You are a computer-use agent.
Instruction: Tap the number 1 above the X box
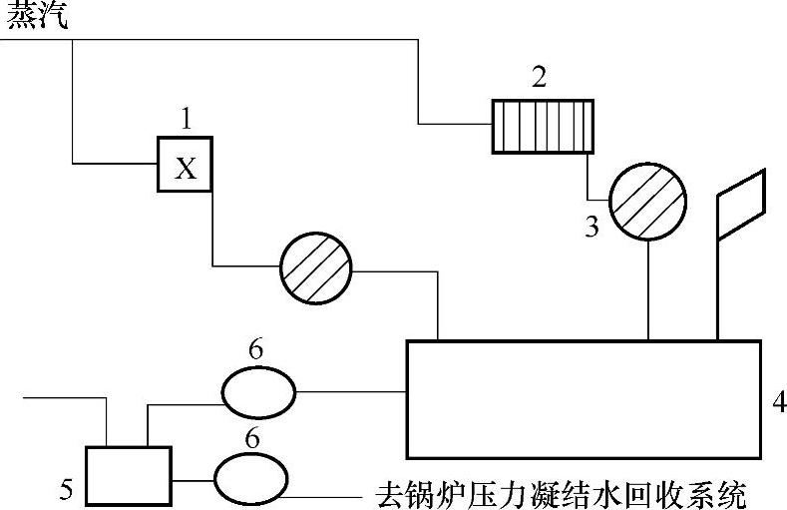coord(186,121)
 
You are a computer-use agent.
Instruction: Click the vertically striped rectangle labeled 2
coord(543,126)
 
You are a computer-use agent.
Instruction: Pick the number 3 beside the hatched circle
coord(591,228)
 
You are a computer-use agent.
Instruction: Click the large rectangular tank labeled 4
coord(584,398)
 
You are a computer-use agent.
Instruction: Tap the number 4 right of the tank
coord(779,403)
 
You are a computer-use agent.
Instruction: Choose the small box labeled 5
coord(129,475)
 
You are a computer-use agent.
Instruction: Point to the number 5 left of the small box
coord(66,488)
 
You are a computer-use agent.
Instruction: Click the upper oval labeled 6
coord(258,393)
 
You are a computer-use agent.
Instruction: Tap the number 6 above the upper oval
coord(256,350)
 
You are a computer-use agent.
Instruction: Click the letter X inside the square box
coord(186,168)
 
